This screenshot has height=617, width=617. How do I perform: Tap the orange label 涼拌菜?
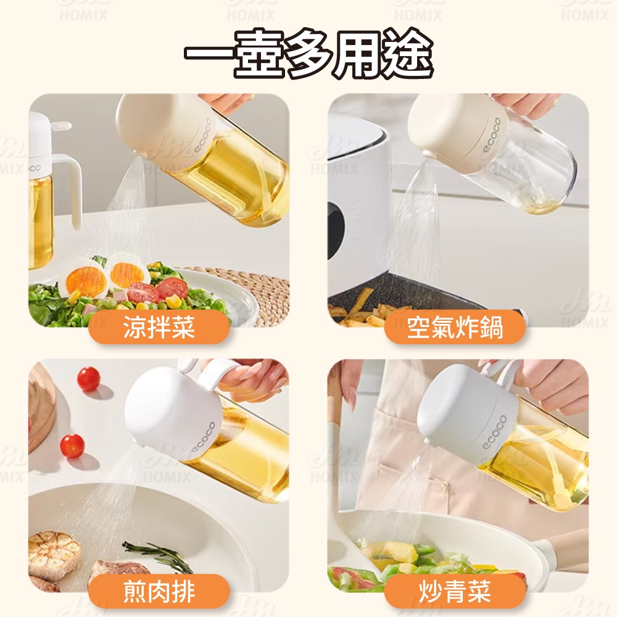pos(159,328)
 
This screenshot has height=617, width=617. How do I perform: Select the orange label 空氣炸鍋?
pos(455,328)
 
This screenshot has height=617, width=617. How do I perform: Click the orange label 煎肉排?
pos(159,592)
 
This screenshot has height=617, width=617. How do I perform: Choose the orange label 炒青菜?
pos(455,592)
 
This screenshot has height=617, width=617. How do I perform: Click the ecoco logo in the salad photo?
pos(204,136)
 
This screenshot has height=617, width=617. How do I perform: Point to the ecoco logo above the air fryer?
pos(492,135)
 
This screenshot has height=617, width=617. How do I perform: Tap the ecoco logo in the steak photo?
pos(204,437)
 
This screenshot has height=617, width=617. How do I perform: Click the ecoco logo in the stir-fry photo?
pos(495,431)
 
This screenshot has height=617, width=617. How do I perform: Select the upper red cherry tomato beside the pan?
pos(88,379)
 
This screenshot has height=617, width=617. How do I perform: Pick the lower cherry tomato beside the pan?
pos(72,445)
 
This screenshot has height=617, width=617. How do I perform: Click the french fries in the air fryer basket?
pos(360,309)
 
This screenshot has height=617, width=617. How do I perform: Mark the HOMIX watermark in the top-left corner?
pos(83,15)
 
